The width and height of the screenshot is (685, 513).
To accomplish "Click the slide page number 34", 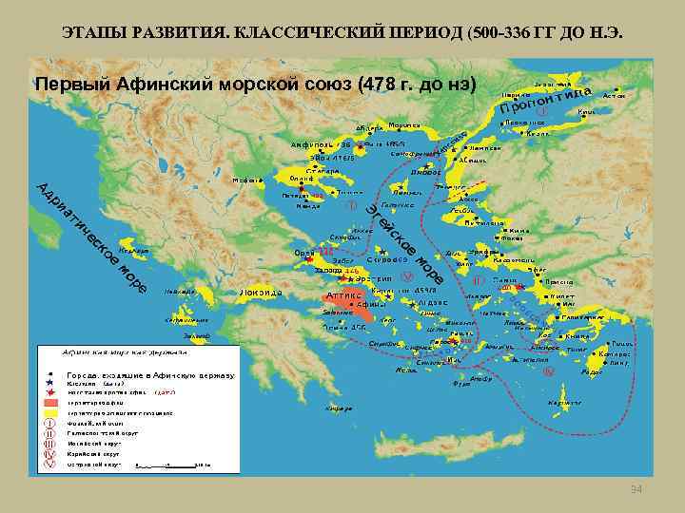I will [x=636, y=488].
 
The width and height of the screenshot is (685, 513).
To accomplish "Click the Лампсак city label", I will [x=484, y=148].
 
